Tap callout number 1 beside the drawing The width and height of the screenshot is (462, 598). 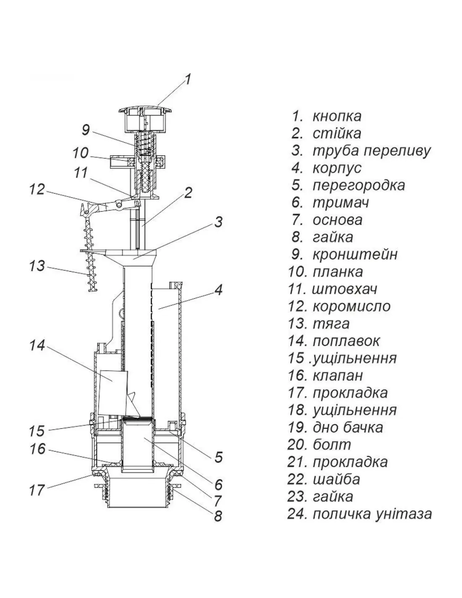point(188,79)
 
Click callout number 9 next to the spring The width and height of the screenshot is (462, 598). point(86,130)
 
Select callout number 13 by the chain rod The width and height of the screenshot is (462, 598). point(37,266)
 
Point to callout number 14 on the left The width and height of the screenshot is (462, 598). point(37,346)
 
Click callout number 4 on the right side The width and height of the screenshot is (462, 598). point(218,290)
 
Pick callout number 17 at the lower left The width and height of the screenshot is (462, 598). point(37,490)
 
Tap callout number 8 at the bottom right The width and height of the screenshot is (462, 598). point(218,516)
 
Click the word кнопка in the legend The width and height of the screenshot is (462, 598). point(336,116)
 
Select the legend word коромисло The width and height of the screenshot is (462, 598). point(351,306)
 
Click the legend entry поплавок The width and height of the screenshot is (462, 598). point(346,341)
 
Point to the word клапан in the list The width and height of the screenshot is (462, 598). point(337,375)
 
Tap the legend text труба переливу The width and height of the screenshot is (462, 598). point(371,151)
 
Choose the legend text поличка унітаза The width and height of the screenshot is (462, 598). point(372,513)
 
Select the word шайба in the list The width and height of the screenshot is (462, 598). point(336,479)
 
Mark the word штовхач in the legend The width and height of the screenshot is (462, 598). point(344,289)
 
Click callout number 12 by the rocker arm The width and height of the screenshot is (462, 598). point(37,189)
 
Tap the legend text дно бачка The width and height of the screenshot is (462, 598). point(348,427)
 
